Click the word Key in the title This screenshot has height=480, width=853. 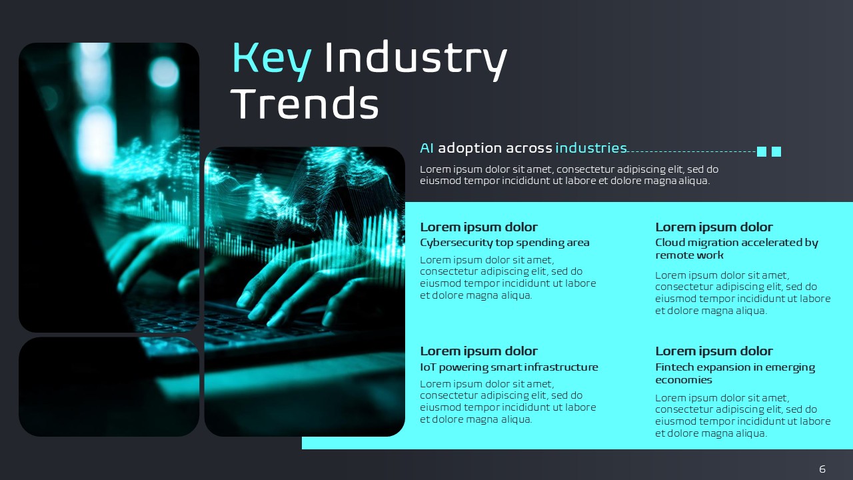click(x=272, y=60)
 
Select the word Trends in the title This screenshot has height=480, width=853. click(x=305, y=103)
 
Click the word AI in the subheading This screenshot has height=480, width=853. click(x=426, y=148)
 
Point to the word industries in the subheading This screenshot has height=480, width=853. click(x=591, y=148)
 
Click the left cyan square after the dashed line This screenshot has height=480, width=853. click(x=762, y=151)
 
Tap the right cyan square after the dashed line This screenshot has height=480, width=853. click(x=776, y=151)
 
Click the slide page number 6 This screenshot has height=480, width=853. click(x=822, y=469)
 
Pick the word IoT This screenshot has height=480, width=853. click(x=428, y=367)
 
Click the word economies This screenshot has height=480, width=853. click(x=684, y=380)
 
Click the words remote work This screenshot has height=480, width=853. click(x=689, y=255)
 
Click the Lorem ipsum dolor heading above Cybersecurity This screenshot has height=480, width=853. click(x=478, y=227)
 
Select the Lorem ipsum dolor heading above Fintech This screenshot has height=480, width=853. click(x=714, y=351)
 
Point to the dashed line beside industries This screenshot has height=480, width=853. click(x=692, y=151)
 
